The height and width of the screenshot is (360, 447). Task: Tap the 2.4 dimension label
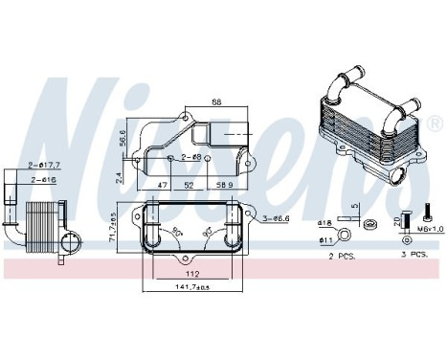[x=119, y=175]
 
